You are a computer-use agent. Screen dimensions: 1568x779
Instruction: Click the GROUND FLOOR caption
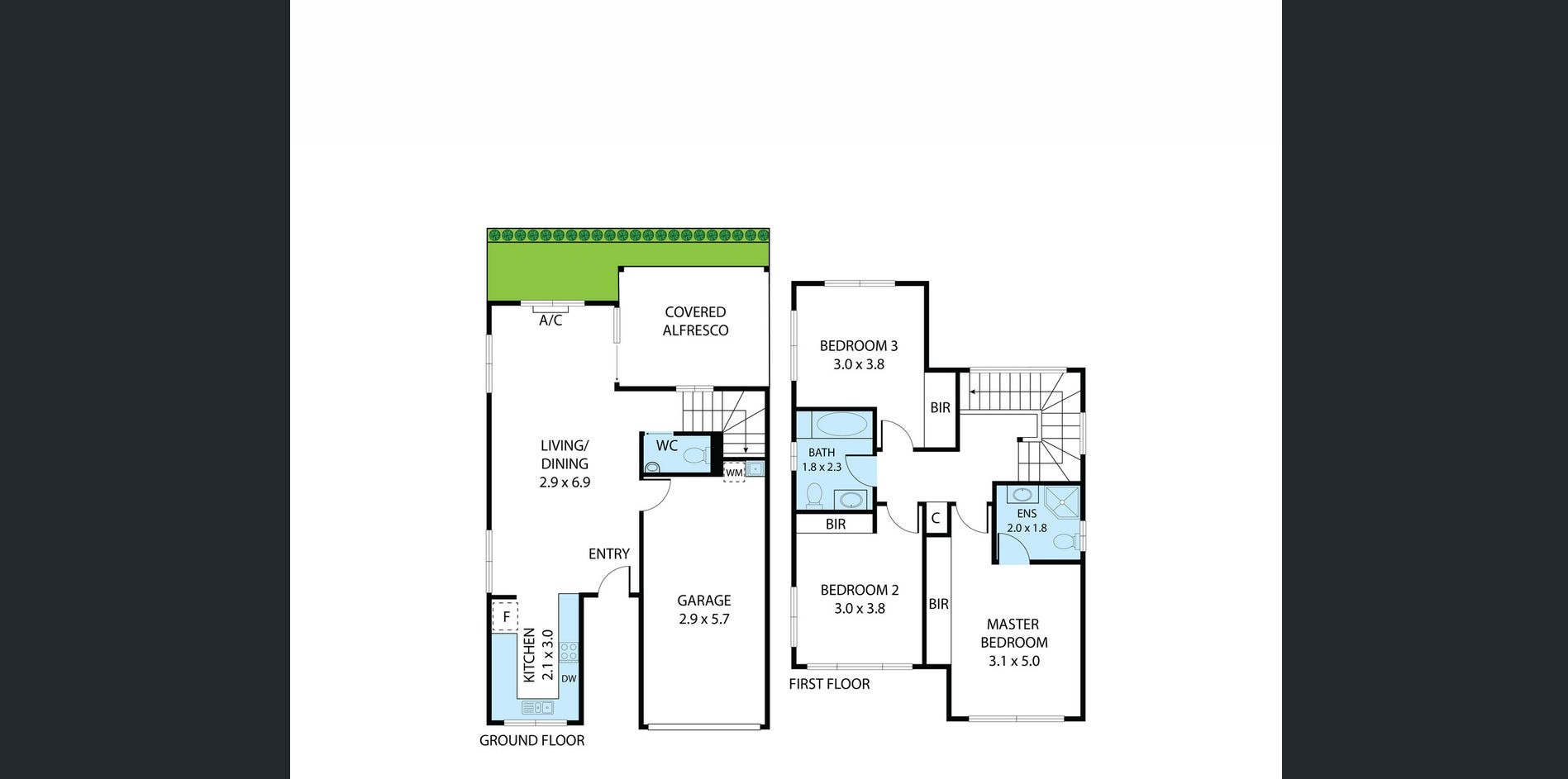click(x=531, y=741)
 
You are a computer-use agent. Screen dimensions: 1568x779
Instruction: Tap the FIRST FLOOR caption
click(x=829, y=684)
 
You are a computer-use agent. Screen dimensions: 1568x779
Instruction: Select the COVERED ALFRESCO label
click(x=695, y=321)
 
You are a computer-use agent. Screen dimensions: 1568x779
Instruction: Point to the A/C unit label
click(x=550, y=321)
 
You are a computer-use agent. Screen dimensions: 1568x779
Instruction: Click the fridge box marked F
click(x=505, y=616)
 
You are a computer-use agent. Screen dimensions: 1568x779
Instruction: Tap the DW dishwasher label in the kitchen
click(x=569, y=679)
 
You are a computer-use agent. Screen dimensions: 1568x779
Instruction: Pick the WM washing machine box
click(x=734, y=473)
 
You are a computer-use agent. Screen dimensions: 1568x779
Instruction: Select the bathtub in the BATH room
click(x=841, y=425)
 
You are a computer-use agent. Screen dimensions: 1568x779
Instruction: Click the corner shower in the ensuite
click(x=1061, y=501)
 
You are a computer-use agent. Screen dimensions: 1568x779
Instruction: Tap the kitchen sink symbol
click(x=537, y=708)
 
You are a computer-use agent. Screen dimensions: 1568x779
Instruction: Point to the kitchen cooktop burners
click(x=569, y=652)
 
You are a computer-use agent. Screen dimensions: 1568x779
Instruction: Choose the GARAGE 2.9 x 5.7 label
click(x=704, y=610)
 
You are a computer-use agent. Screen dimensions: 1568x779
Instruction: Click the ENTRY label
click(x=609, y=554)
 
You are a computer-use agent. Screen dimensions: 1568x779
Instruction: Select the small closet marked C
click(x=936, y=519)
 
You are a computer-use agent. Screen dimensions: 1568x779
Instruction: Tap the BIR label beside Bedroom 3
click(x=941, y=408)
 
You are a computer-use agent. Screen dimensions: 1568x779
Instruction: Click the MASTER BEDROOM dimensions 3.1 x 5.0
click(x=1014, y=661)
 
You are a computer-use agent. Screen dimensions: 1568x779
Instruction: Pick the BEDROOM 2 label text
click(x=860, y=590)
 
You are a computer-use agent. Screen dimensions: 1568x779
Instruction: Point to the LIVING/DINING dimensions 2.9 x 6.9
click(x=565, y=482)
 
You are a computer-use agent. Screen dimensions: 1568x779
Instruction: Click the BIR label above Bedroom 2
click(x=836, y=525)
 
